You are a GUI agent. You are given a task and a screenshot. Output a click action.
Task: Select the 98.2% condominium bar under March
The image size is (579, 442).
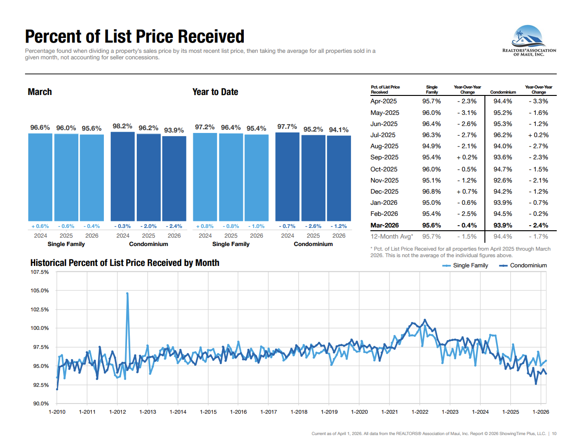122,176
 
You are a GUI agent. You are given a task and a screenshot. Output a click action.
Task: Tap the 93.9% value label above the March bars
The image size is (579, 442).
174,130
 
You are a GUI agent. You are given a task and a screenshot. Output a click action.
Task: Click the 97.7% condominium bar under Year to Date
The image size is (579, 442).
287,177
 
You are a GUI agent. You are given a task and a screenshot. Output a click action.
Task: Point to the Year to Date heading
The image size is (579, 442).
215,92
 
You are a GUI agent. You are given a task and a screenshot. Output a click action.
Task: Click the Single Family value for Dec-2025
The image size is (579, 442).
431,191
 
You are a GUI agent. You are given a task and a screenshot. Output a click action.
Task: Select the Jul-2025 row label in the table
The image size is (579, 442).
382,135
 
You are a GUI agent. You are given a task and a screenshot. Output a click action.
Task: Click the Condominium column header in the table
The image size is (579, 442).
503,92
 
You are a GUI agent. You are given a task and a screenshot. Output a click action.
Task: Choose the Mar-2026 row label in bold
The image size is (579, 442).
384,225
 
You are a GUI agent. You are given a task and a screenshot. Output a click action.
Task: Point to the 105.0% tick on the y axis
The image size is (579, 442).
39,290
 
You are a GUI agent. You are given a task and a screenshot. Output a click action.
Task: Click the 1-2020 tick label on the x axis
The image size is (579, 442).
359,412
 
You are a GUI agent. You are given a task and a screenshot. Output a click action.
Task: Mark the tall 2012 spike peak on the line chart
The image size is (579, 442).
127,293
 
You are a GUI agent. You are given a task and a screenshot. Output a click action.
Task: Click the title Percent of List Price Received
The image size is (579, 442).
134,37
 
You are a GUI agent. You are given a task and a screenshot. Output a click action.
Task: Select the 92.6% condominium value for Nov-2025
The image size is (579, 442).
503,180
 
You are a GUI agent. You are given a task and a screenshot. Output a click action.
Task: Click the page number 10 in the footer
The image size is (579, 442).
554,434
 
